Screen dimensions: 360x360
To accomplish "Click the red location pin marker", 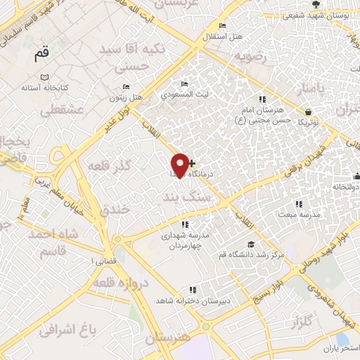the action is pos(180,165).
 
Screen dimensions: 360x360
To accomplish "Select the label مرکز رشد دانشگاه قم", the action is pos(252,254).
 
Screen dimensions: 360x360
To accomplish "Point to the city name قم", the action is pos(41,53).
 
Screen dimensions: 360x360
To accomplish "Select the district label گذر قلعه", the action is pos(108,167).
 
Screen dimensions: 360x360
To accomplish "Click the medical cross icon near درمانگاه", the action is pos(193,163).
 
